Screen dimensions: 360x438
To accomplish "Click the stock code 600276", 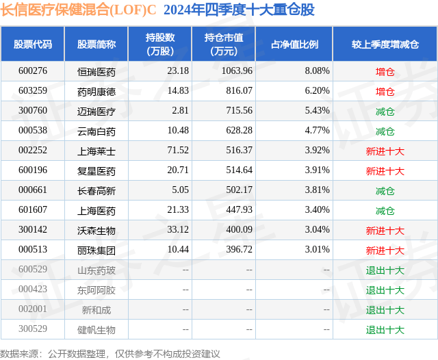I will tap(33, 71).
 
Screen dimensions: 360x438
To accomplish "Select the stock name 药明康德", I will tap(96, 91).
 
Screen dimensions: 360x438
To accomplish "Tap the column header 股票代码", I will tap(33, 44).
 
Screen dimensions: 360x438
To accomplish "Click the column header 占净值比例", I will tap(295, 44).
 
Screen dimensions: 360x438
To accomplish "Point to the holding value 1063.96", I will tap(237, 71).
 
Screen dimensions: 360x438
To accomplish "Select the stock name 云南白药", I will tap(96, 131).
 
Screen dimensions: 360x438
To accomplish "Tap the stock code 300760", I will tap(33, 111).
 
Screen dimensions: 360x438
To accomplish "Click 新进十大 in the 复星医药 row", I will tap(385, 171).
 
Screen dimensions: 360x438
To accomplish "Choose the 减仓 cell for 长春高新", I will tap(385, 191).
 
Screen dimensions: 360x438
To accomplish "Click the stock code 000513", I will tap(33, 250).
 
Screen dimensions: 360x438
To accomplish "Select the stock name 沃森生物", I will tap(96, 231).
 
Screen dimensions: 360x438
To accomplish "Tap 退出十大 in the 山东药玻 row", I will tap(385, 270).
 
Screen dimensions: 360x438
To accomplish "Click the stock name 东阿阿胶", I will tap(96, 290).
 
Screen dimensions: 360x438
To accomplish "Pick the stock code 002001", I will tap(33, 310).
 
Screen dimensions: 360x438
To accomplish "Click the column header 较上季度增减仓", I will tap(385, 44).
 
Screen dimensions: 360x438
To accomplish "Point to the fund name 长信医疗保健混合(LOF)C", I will tap(78, 10).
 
